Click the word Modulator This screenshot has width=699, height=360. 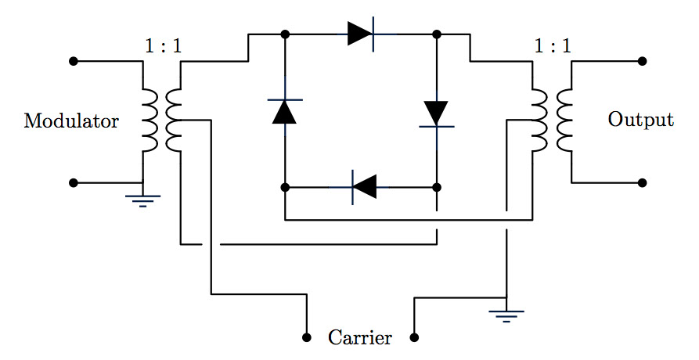click(x=71, y=121)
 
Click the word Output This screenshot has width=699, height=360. click(x=640, y=120)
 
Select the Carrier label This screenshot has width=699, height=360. click(x=360, y=338)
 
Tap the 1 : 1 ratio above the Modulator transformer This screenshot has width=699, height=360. click(x=163, y=46)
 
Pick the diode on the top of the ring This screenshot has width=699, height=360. click(x=362, y=34)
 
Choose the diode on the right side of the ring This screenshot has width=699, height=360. click(x=437, y=113)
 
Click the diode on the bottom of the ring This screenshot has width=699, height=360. click(x=362, y=187)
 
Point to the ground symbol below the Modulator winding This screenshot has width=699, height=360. click(x=142, y=200)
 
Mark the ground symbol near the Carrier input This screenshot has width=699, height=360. click(x=506, y=315)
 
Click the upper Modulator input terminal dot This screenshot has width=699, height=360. click(x=74, y=61)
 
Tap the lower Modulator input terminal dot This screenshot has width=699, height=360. click(x=74, y=183)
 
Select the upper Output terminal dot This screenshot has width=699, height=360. click(x=642, y=61)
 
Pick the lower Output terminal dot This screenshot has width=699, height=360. click(x=642, y=183)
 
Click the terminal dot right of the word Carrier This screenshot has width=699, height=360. click(x=414, y=338)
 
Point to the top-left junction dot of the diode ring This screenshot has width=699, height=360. click(x=285, y=34)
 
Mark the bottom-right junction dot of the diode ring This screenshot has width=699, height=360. click(x=437, y=188)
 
